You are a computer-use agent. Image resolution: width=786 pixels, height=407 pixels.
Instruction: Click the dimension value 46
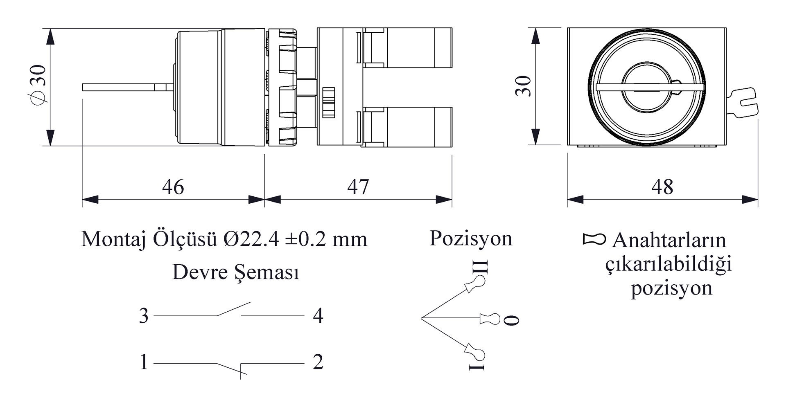[x=173, y=187]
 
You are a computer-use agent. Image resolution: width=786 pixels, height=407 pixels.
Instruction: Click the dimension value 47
[x=358, y=187]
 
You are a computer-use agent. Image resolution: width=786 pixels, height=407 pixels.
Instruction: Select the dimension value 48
[x=662, y=187]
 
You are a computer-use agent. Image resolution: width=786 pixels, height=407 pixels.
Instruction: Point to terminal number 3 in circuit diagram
[x=144, y=316]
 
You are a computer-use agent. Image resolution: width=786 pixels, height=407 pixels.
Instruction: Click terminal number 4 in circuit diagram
[x=318, y=316]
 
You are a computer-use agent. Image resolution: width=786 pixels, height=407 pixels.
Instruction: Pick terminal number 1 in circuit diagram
[x=144, y=362]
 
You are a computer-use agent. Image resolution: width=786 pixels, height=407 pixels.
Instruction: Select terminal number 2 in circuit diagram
[x=318, y=362]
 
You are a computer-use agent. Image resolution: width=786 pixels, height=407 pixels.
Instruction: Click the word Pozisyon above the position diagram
[x=471, y=238]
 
